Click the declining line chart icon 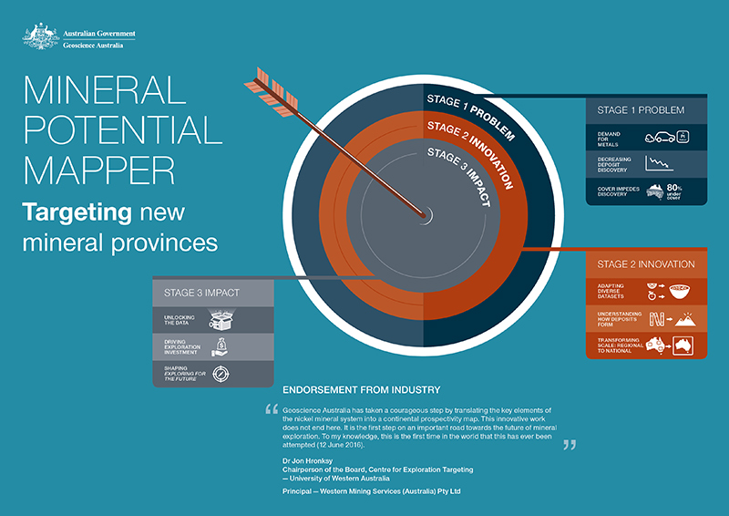(659, 164)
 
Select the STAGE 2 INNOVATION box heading (646, 264)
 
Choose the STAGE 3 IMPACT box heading (202, 293)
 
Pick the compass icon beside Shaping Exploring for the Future (221, 374)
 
